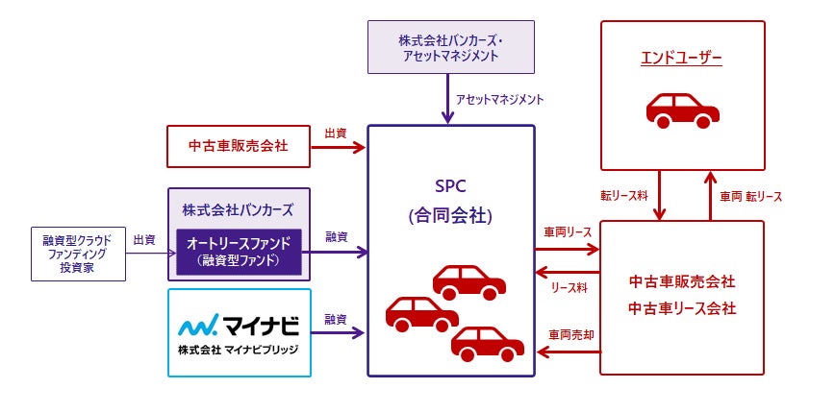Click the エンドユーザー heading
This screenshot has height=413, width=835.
point(682,57)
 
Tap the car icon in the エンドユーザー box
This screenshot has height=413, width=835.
point(683,110)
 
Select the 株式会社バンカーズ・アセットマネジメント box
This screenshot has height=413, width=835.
point(451,47)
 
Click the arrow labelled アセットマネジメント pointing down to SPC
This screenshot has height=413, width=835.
point(447,98)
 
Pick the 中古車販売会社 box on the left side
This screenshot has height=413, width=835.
point(239,146)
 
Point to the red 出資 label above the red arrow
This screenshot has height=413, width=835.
point(336,133)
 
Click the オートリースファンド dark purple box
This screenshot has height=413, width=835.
point(239,252)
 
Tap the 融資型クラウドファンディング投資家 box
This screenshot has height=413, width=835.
point(78,255)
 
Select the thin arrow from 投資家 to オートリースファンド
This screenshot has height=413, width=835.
point(151,254)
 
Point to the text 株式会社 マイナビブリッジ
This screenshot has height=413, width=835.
point(239,350)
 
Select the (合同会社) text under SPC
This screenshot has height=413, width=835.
point(450,216)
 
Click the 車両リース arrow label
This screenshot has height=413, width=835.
point(568,232)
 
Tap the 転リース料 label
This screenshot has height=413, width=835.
point(623,196)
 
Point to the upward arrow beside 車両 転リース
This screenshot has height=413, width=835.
point(710,195)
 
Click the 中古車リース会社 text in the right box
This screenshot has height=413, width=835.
point(682,307)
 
